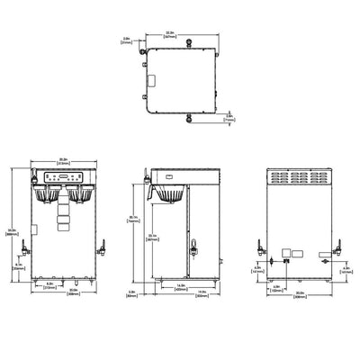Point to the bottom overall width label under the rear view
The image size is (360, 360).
click(298, 292)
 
